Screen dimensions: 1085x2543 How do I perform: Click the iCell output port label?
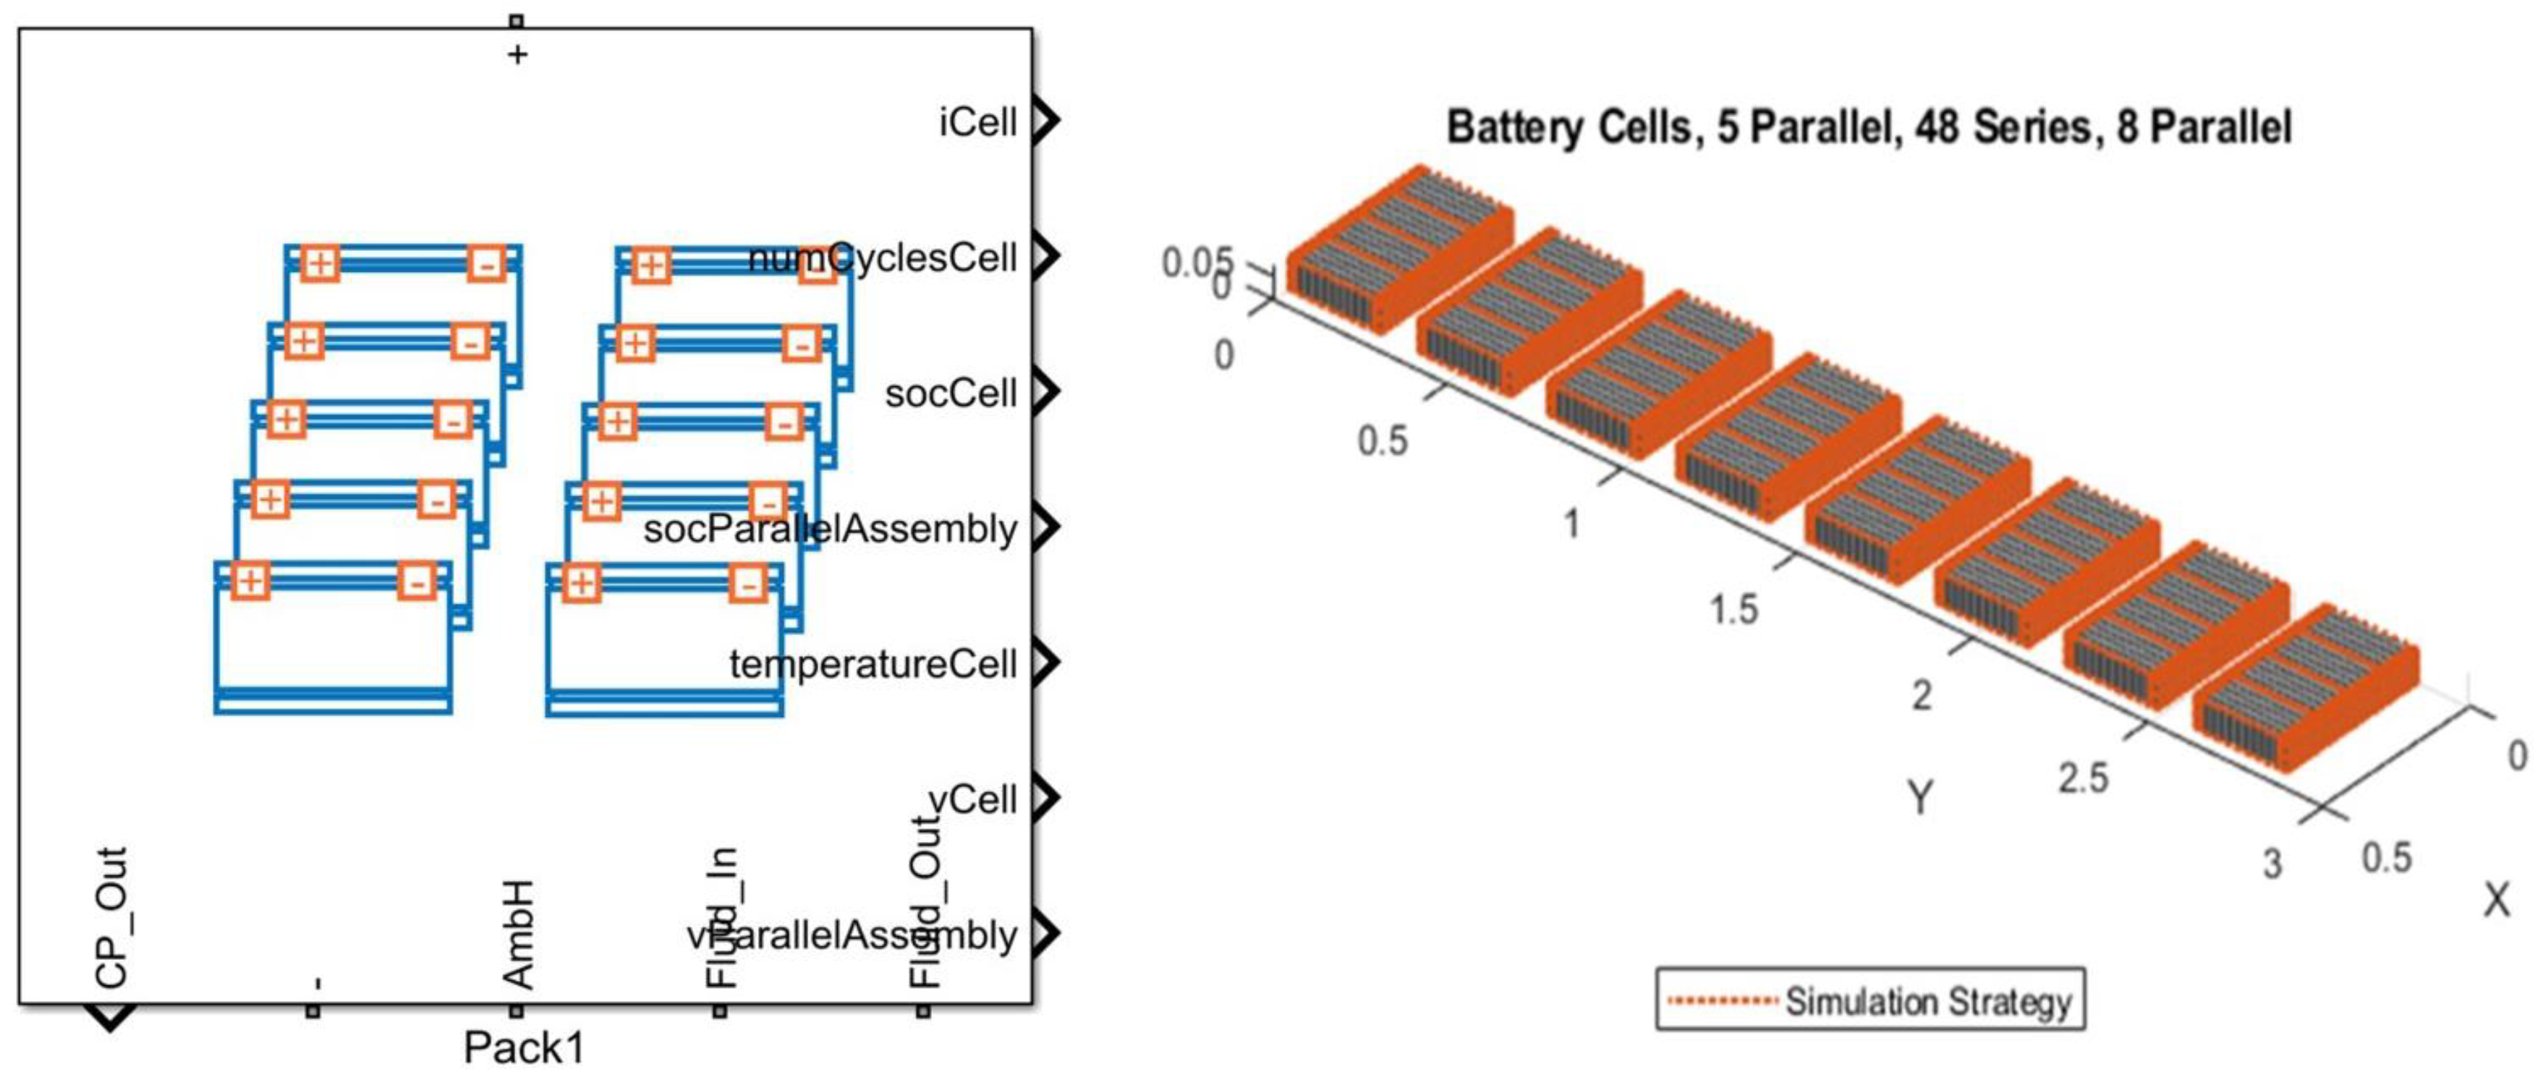coord(977,122)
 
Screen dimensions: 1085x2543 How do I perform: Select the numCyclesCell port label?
coord(883,258)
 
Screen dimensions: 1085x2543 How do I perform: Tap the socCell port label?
coord(951,393)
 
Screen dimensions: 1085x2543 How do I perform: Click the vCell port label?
coord(973,799)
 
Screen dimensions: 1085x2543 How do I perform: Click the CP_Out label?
coord(111,917)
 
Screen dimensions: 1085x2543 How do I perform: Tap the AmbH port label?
coord(518,934)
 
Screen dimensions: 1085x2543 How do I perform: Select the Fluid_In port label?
coord(721,917)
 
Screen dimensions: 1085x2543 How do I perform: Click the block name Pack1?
coord(525,1047)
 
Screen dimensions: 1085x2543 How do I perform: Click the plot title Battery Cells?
coord(1868,128)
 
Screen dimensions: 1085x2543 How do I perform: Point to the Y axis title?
coord(1920,796)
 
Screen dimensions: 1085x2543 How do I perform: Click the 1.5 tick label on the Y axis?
coord(1734,609)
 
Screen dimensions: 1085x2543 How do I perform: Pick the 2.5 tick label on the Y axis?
coord(2083,779)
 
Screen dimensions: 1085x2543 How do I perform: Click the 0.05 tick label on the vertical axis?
coord(1195,263)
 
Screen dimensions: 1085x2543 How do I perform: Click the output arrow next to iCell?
coord(1046,121)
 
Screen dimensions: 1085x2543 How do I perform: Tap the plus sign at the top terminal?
coord(517,54)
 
